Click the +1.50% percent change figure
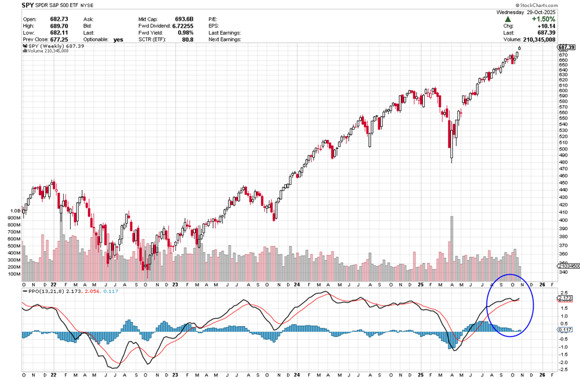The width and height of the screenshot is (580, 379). click(x=563, y=19)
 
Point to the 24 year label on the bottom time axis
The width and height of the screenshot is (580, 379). click(x=296, y=375)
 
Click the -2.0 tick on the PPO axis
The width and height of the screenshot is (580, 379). click(x=563, y=362)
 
